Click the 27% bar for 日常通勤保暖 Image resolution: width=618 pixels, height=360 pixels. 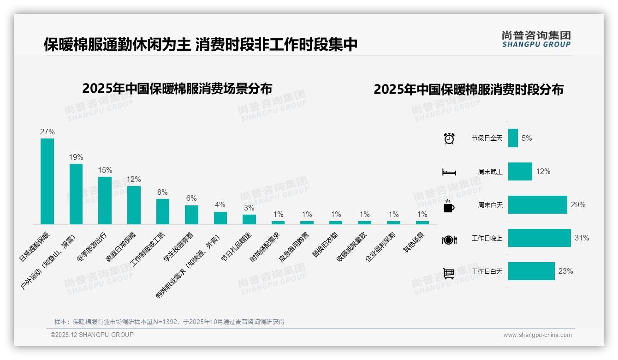pyautogui.click(x=47, y=181)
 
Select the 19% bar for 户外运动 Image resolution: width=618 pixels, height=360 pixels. pyautogui.click(x=76, y=194)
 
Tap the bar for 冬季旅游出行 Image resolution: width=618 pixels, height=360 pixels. pyautogui.click(x=105, y=200)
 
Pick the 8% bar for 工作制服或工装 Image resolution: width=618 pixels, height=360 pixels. pyautogui.click(x=163, y=211)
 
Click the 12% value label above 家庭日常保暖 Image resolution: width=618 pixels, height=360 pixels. pyautogui.click(x=134, y=179)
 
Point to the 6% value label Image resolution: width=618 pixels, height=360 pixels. pyautogui.click(x=191, y=198)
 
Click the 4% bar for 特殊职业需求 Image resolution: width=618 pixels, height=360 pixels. pyautogui.click(x=220, y=218)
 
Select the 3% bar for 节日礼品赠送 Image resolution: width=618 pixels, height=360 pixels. pyautogui.click(x=249, y=219)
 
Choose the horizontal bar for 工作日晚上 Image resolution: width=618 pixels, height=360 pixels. pyautogui.click(x=539, y=238)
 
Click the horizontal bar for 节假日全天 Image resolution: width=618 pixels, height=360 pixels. pyautogui.click(x=513, y=138)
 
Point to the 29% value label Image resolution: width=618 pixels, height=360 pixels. pyautogui.click(x=578, y=204)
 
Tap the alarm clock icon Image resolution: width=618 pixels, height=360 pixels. pyautogui.click(x=449, y=138)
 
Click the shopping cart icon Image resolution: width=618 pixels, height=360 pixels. pyautogui.click(x=449, y=273)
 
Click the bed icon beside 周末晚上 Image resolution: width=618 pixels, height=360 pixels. pyautogui.click(x=449, y=172)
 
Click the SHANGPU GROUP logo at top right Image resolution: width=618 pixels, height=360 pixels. pyautogui.click(x=536, y=39)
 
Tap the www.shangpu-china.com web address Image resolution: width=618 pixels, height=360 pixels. pyautogui.click(x=537, y=335)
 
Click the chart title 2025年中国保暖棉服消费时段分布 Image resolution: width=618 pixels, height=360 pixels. pyautogui.click(x=468, y=90)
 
